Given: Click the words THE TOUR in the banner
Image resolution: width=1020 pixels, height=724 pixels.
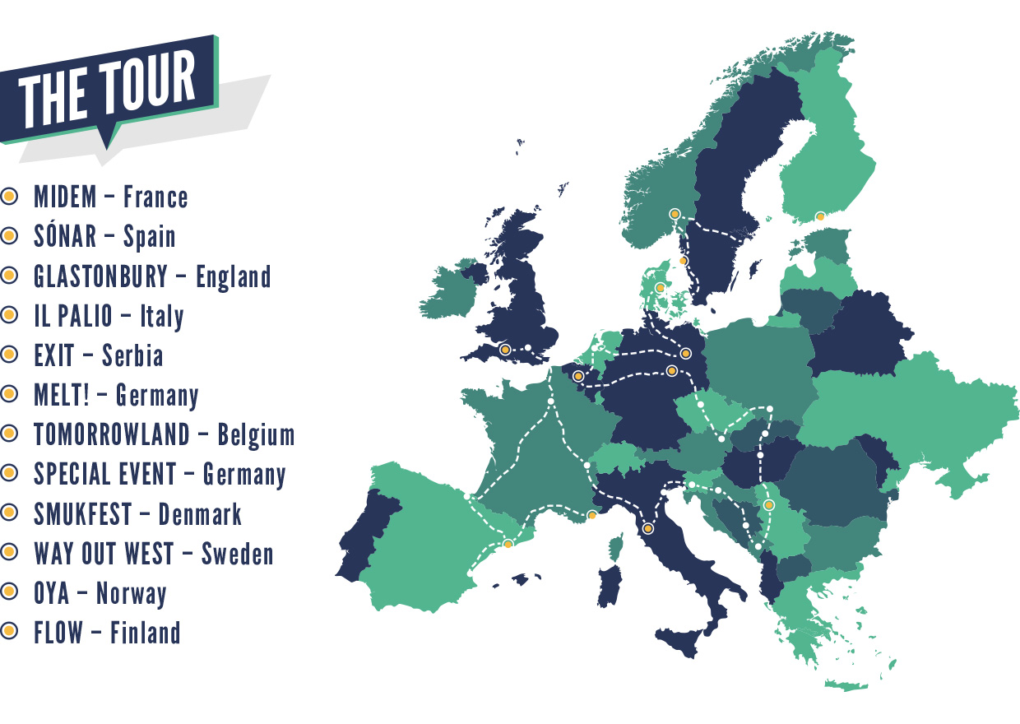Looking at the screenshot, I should coord(108,91).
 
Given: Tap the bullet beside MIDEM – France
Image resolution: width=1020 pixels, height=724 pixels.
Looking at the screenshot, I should coord(9,197).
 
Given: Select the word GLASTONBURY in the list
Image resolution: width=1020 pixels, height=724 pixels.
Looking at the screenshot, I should coord(100,276).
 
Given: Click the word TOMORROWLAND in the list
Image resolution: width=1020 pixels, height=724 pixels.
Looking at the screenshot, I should coord(112,434).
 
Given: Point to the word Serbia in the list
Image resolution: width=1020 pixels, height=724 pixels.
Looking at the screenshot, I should coord(132,355).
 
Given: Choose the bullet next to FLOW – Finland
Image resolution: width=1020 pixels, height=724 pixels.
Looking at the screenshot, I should coord(9,632).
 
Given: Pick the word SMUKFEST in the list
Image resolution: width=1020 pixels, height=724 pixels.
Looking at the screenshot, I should coord(82,514).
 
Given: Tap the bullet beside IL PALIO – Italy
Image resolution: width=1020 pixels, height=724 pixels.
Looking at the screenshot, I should coord(9,315).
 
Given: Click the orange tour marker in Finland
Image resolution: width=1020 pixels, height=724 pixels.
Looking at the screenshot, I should coord(819,216).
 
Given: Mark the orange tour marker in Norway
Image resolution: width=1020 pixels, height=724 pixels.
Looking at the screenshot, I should coord(675,214).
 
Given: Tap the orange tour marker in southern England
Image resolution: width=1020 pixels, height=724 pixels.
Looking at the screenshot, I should coord(505,349).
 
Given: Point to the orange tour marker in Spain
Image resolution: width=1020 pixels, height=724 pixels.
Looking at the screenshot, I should coord(508,544).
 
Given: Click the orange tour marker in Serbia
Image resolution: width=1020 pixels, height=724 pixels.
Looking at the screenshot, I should coord(768,504).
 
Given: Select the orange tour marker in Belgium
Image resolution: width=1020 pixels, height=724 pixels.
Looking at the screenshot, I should coord(578,376).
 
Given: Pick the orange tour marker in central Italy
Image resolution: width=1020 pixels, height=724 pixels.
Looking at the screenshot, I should coord(648,528).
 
